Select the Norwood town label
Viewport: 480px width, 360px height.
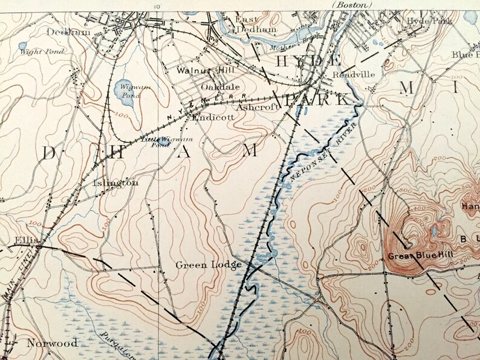(52, 343)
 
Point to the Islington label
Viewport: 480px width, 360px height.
(115, 182)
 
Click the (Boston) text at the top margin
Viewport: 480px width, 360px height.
(352, 4)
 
